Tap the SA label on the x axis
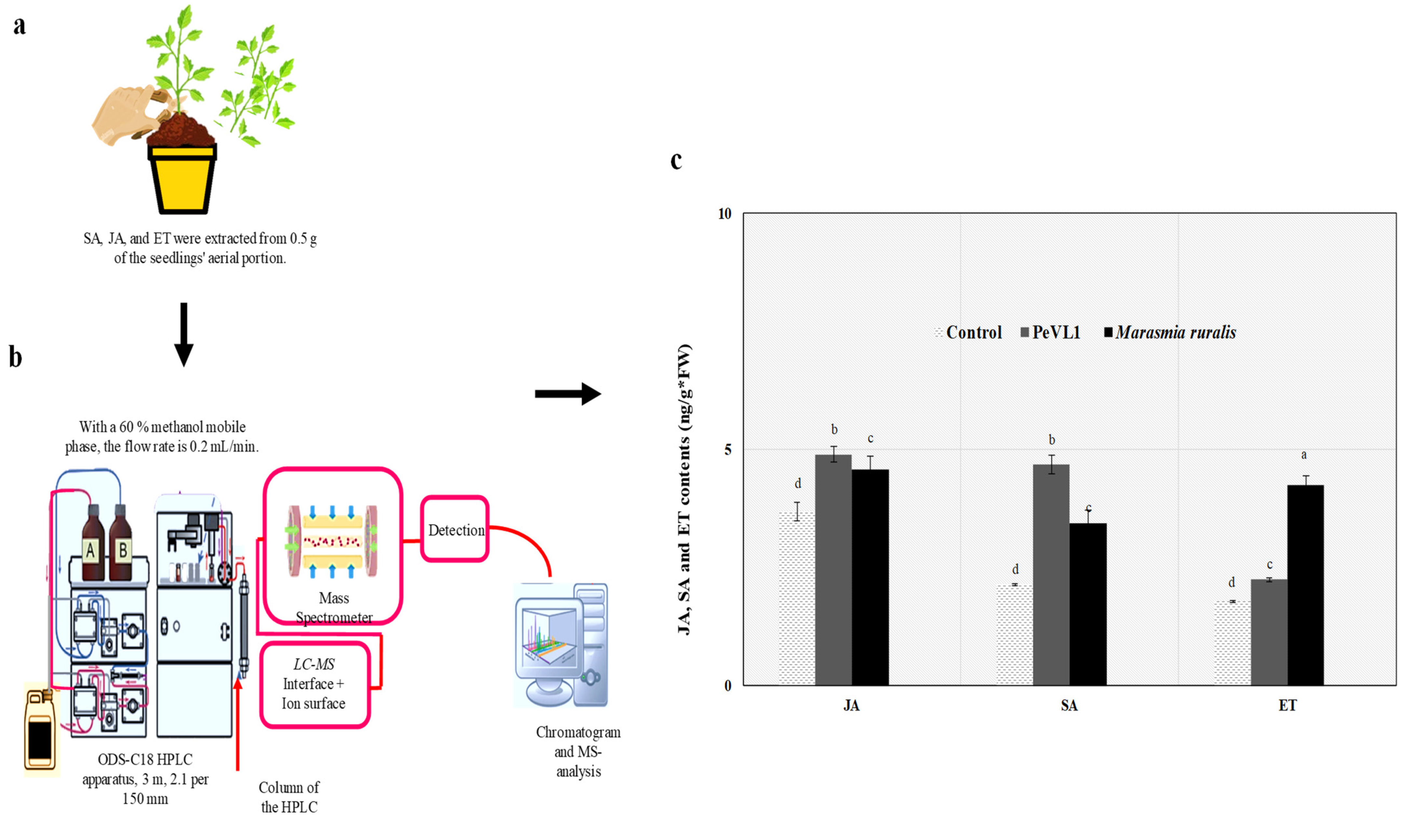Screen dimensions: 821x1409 coord(1069,705)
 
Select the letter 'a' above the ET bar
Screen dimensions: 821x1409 coord(1304,455)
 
